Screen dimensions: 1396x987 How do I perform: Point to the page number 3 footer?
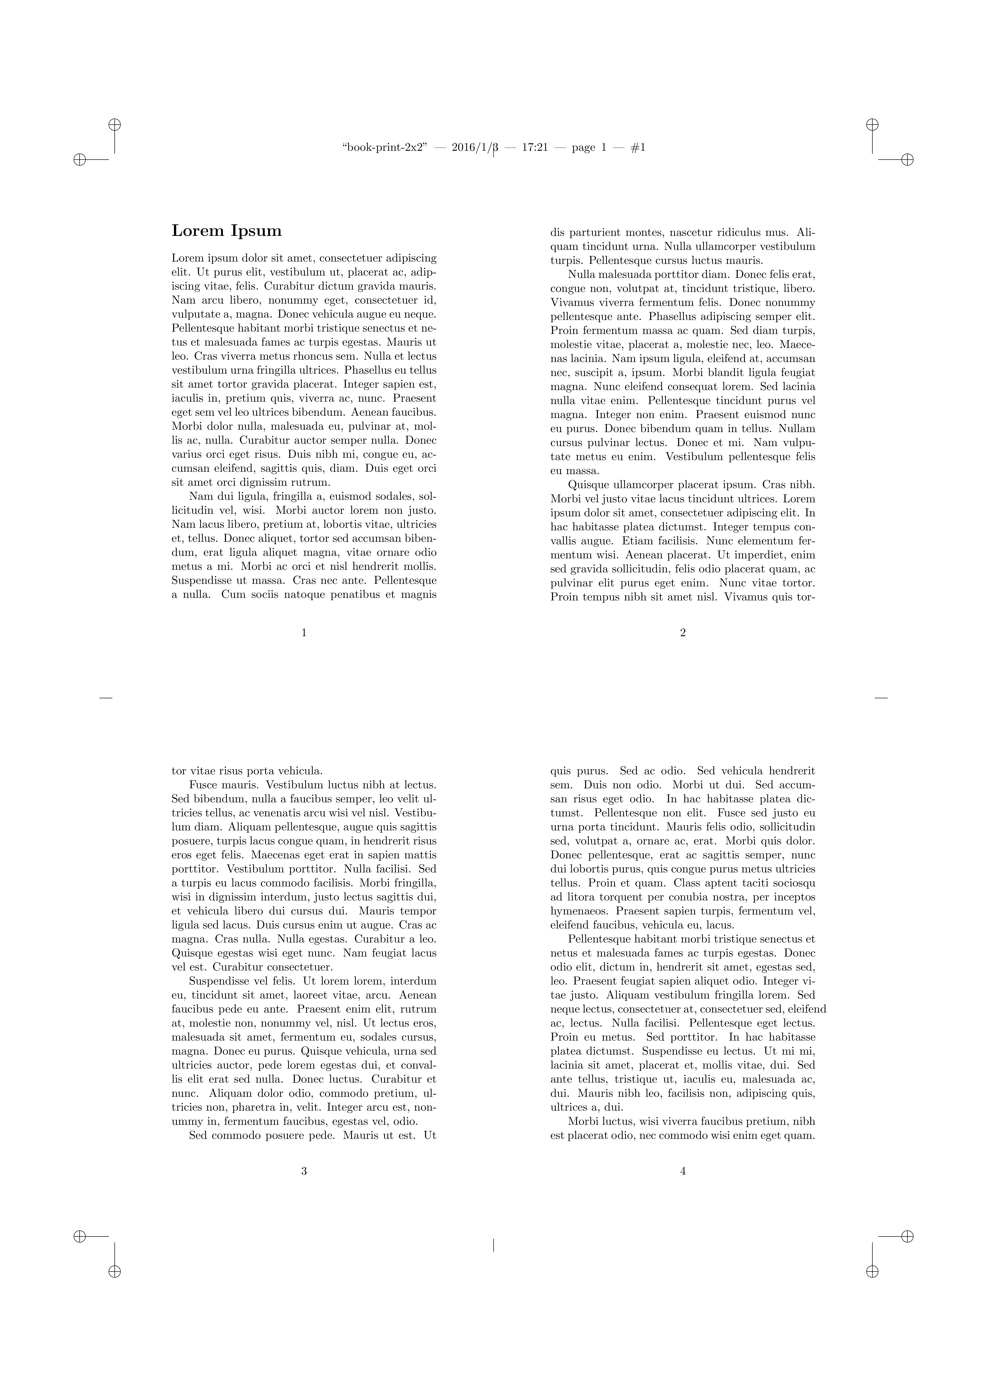click(304, 1171)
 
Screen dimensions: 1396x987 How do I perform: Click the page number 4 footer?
click(683, 1171)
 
